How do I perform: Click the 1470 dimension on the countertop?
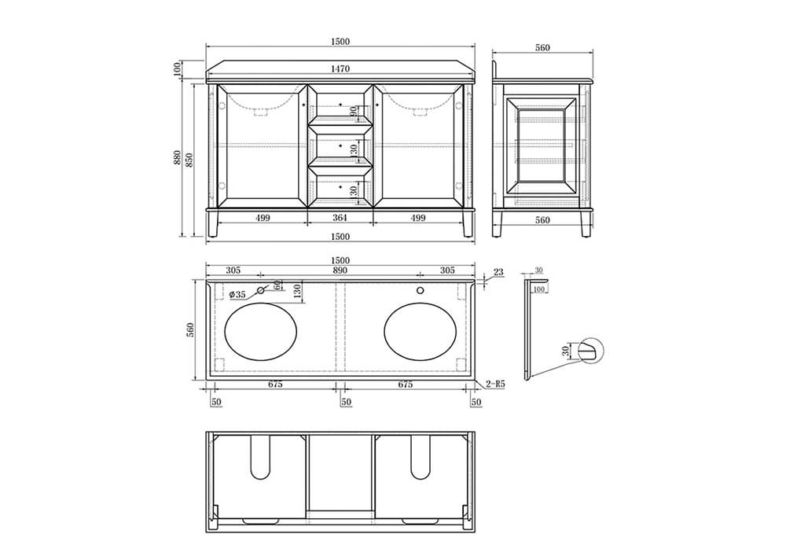340,68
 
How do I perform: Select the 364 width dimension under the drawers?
340,218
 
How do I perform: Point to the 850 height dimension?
189,160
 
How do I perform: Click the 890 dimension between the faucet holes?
340,271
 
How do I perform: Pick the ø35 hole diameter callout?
237,294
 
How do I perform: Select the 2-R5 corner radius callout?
495,385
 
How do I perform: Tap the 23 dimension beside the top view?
498,272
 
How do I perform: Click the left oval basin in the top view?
261,331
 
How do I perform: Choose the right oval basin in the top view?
421,331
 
